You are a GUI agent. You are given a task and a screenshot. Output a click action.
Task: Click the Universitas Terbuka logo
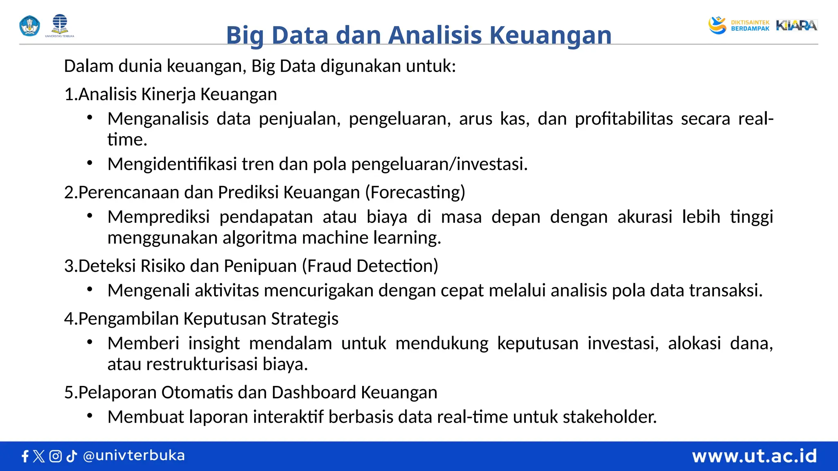(60, 25)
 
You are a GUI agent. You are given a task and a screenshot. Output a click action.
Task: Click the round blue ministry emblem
(30, 26)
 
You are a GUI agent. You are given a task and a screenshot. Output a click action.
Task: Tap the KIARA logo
(796, 25)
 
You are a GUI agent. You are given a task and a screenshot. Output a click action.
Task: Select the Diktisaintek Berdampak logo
(739, 25)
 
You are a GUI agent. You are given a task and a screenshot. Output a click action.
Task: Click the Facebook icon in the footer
(25, 456)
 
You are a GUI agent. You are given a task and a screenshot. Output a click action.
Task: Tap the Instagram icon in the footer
(55, 456)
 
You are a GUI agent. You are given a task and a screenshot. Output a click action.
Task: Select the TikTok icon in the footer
(72, 456)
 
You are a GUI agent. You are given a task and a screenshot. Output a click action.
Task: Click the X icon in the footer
(39, 456)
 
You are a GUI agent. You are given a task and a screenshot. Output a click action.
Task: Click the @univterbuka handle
(134, 455)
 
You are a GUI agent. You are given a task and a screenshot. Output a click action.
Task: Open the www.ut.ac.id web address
(754, 456)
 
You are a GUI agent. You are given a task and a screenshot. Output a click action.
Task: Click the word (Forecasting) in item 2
(415, 193)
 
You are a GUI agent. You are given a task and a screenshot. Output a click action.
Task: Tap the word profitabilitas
(624, 119)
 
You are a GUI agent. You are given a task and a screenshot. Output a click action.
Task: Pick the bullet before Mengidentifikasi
(90, 163)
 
